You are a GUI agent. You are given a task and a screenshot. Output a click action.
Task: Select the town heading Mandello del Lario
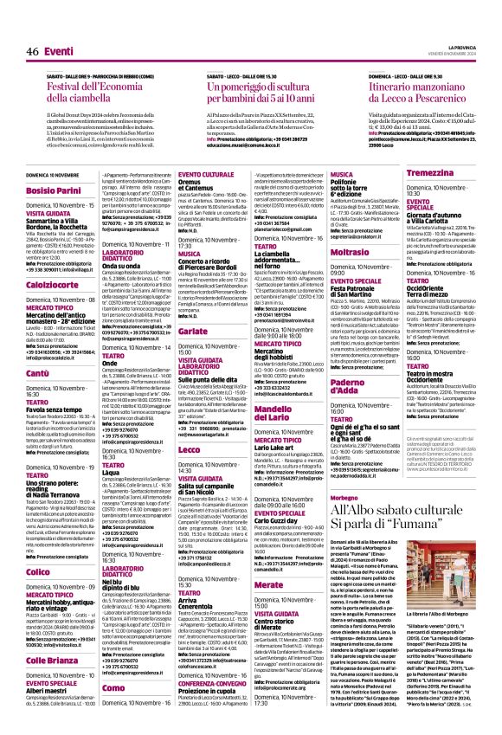pyautogui.click(x=289, y=403)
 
